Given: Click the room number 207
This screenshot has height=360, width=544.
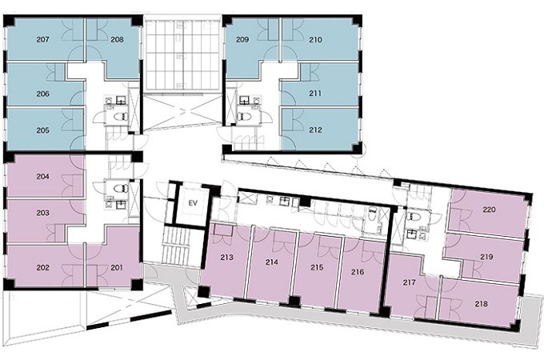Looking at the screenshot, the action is click(x=42, y=39).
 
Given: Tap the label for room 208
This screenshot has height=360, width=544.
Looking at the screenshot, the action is click(x=118, y=39).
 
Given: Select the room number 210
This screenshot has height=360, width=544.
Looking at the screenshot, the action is click(x=315, y=40).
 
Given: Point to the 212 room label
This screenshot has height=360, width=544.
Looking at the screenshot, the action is click(x=315, y=130).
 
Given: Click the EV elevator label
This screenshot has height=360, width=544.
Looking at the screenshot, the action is click(x=193, y=203).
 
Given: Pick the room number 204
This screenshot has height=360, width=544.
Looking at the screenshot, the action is click(x=42, y=177).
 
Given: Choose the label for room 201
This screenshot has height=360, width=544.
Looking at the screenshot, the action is click(x=116, y=267).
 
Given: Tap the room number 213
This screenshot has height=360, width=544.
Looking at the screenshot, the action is click(x=227, y=258).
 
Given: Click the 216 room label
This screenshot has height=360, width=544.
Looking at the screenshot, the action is click(x=358, y=272).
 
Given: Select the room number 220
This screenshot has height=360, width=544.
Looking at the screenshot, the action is click(x=489, y=210).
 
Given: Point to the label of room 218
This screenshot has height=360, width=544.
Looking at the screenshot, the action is click(x=482, y=304).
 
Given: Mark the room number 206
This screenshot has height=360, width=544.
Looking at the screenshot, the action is click(x=42, y=94).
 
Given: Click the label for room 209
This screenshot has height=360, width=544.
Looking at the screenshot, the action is click(x=242, y=39).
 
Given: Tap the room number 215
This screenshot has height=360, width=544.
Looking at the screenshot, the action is click(x=317, y=267).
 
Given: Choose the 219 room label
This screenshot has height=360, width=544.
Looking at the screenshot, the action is click(x=486, y=257).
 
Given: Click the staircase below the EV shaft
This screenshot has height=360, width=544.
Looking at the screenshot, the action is click(x=177, y=246).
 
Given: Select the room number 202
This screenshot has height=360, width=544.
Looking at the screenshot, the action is click(x=42, y=268).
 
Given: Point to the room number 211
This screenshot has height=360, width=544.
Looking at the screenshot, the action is click(x=315, y=94).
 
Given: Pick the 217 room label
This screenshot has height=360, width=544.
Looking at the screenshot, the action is click(x=410, y=282).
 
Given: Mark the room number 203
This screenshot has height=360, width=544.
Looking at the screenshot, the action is click(x=42, y=213).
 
